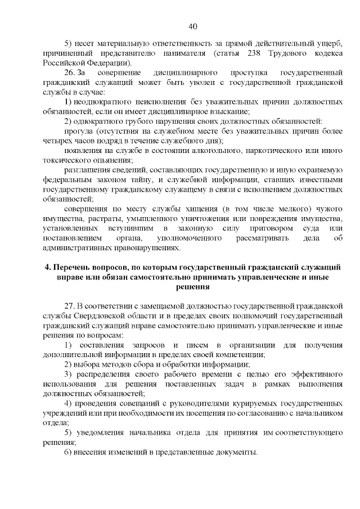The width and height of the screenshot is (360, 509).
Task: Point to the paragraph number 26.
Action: (70, 73)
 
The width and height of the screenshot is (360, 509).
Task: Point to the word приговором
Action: (269, 228)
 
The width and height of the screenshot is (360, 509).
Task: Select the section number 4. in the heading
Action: (48, 267)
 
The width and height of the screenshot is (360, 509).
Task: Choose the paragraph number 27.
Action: (70, 305)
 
